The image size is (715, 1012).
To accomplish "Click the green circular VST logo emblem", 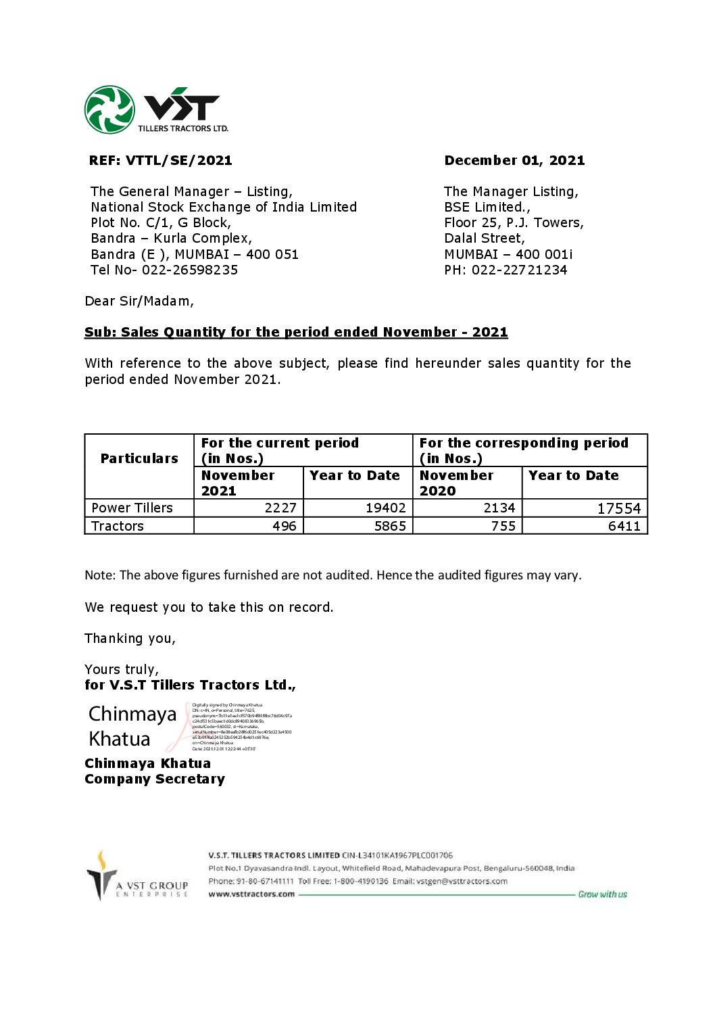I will [x=109, y=110].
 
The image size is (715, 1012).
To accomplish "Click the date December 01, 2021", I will [x=514, y=161].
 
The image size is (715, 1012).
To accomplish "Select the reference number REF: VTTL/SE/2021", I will [x=160, y=161].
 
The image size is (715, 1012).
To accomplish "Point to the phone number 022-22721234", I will [x=519, y=270].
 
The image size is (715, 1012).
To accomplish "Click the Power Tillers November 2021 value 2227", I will [x=280, y=508].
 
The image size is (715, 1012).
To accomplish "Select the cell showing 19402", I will [x=385, y=508].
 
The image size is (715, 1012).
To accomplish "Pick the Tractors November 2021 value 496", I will [x=285, y=527].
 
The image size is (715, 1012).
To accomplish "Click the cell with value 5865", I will [x=390, y=527].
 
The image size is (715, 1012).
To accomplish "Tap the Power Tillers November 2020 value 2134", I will [x=499, y=508].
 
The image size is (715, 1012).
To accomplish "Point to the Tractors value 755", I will [x=503, y=527].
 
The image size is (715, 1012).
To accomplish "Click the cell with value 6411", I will [x=624, y=527].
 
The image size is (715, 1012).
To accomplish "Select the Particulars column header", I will [x=139, y=459].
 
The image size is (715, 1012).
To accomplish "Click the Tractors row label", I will [x=118, y=527].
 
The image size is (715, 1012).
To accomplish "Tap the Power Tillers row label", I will [x=132, y=508].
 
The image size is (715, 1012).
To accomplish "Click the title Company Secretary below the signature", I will [x=155, y=779].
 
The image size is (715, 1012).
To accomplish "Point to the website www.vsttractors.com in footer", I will [x=251, y=894].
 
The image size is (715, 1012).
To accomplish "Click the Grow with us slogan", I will [x=602, y=894].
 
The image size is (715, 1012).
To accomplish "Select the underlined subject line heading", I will [x=296, y=333].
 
